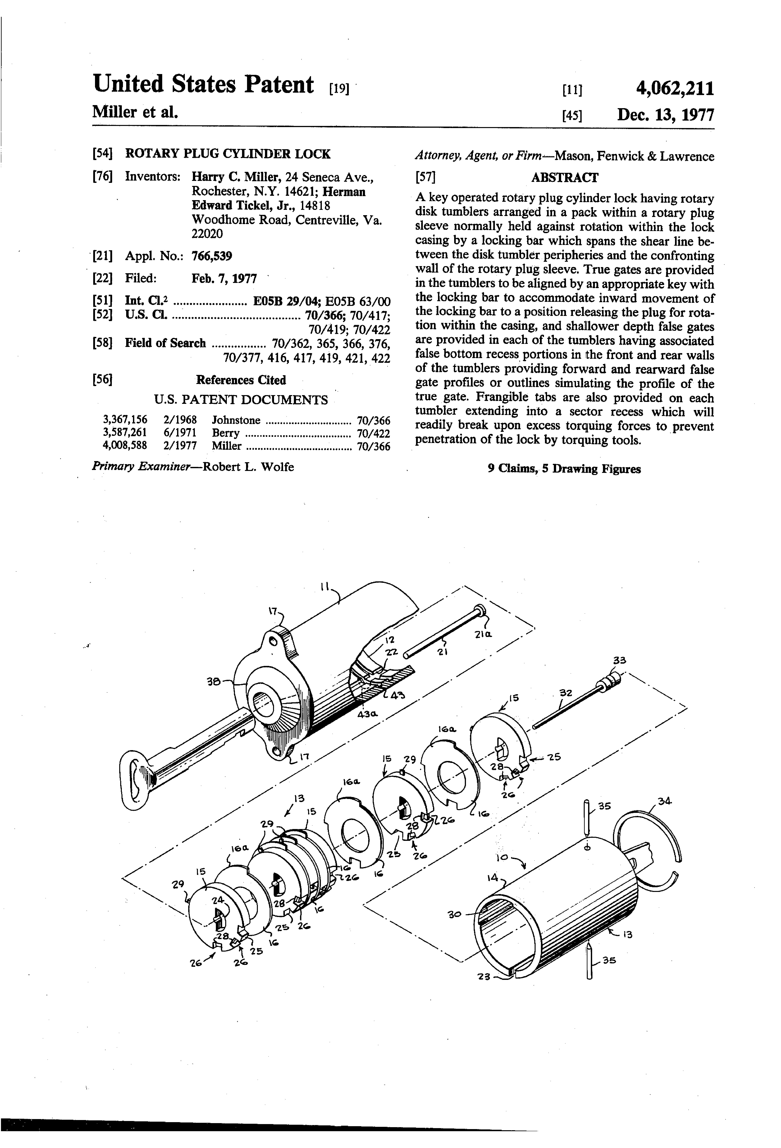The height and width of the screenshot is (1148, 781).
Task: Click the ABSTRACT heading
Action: [564, 177]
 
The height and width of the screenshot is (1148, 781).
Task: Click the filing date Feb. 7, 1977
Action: [224, 279]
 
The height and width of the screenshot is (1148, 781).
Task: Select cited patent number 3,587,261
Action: [125, 433]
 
